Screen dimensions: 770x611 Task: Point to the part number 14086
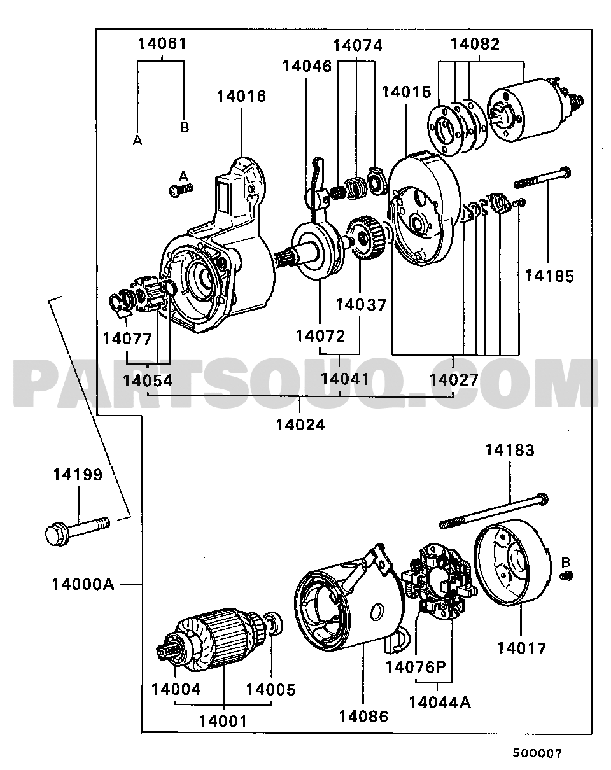pos(363,716)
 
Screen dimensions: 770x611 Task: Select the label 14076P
pos(414,667)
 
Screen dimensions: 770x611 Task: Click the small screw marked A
pos(181,190)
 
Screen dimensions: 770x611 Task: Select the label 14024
pos(300,424)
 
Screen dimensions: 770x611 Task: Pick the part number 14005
pos(270,689)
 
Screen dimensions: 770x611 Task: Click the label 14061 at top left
pos(162,44)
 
